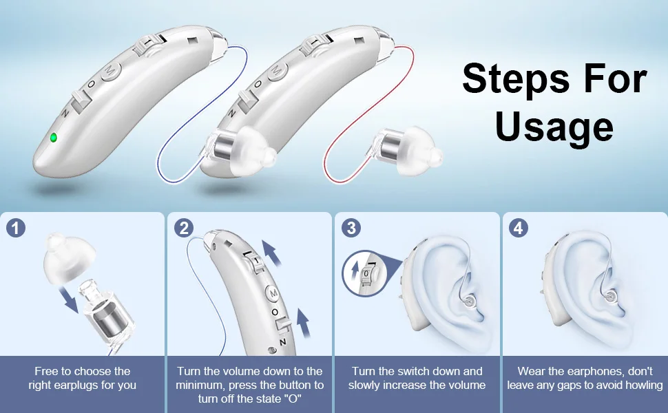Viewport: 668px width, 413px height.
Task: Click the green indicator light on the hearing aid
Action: point(53,137)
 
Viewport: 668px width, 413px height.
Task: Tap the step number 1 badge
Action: point(15,228)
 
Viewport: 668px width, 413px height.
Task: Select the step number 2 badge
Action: point(183,228)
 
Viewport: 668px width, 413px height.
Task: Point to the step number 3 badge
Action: point(351,228)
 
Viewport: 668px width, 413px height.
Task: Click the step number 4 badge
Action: point(519,228)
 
